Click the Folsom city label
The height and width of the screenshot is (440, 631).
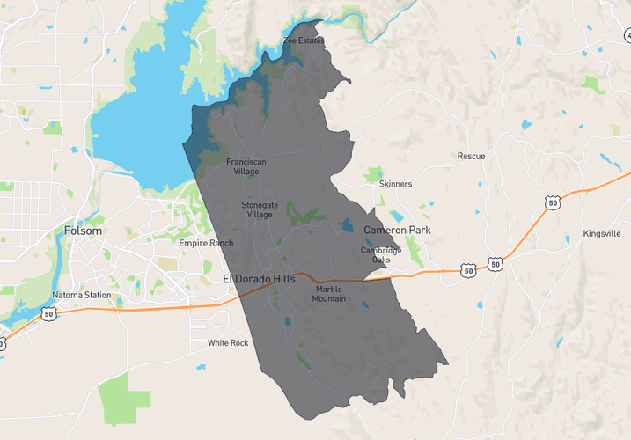click(x=83, y=231)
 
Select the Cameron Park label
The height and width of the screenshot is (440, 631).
click(x=398, y=230)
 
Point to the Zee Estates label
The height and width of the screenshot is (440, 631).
click(x=304, y=40)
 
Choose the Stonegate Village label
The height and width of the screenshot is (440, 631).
click(x=258, y=209)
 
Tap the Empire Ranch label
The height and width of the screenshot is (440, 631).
click(x=206, y=243)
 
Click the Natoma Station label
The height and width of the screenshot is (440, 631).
click(x=81, y=295)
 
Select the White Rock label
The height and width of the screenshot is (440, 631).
click(x=228, y=342)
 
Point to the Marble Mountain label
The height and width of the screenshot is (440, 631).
click(x=329, y=294)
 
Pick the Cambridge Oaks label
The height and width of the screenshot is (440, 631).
click(x=381, y=255)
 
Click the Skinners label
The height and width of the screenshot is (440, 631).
click(x=395, y=184)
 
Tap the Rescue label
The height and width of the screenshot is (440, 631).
click(x=471, y=156)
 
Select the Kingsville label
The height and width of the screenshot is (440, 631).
click(x=601, y=234)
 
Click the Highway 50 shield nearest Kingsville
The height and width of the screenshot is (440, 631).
click(x=553, y=203)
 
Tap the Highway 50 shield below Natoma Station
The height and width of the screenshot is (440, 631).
click(x=49, y=312)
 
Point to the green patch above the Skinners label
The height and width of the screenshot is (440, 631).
click(x=375, y=173)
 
